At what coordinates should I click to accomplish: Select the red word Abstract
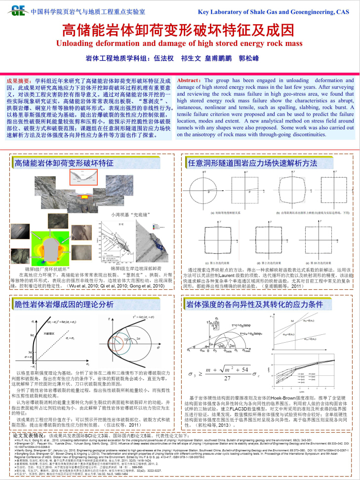tap(188, 80)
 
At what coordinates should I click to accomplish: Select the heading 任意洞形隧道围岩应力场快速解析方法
tap(252, 162)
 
